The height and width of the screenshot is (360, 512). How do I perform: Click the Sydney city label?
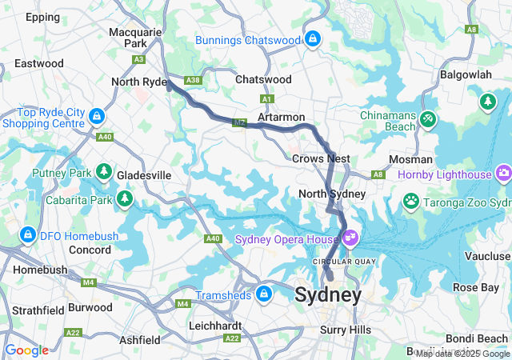tap(328, 294)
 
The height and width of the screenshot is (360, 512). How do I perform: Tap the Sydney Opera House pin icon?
tap(351, 238)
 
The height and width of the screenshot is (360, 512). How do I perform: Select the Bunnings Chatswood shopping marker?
tap(312, 38)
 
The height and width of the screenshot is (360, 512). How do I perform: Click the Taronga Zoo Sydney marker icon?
tap(411, 200)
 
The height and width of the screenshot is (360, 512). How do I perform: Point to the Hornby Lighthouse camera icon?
tap(503, 172)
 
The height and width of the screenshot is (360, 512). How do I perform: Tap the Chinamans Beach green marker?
tap(429, 119)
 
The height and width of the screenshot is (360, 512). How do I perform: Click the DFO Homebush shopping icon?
tap(27, 234)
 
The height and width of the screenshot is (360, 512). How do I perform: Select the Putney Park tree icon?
tap(103, 171)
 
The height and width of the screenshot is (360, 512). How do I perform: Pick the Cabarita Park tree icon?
tap(124, 198)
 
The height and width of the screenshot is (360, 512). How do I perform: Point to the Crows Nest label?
tap(321, 158)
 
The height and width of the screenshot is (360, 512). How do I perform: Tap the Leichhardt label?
tap(215, 326)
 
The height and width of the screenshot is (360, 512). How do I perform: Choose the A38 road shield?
tap(192, 80)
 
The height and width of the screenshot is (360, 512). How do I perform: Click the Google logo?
tap(26, 350)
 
